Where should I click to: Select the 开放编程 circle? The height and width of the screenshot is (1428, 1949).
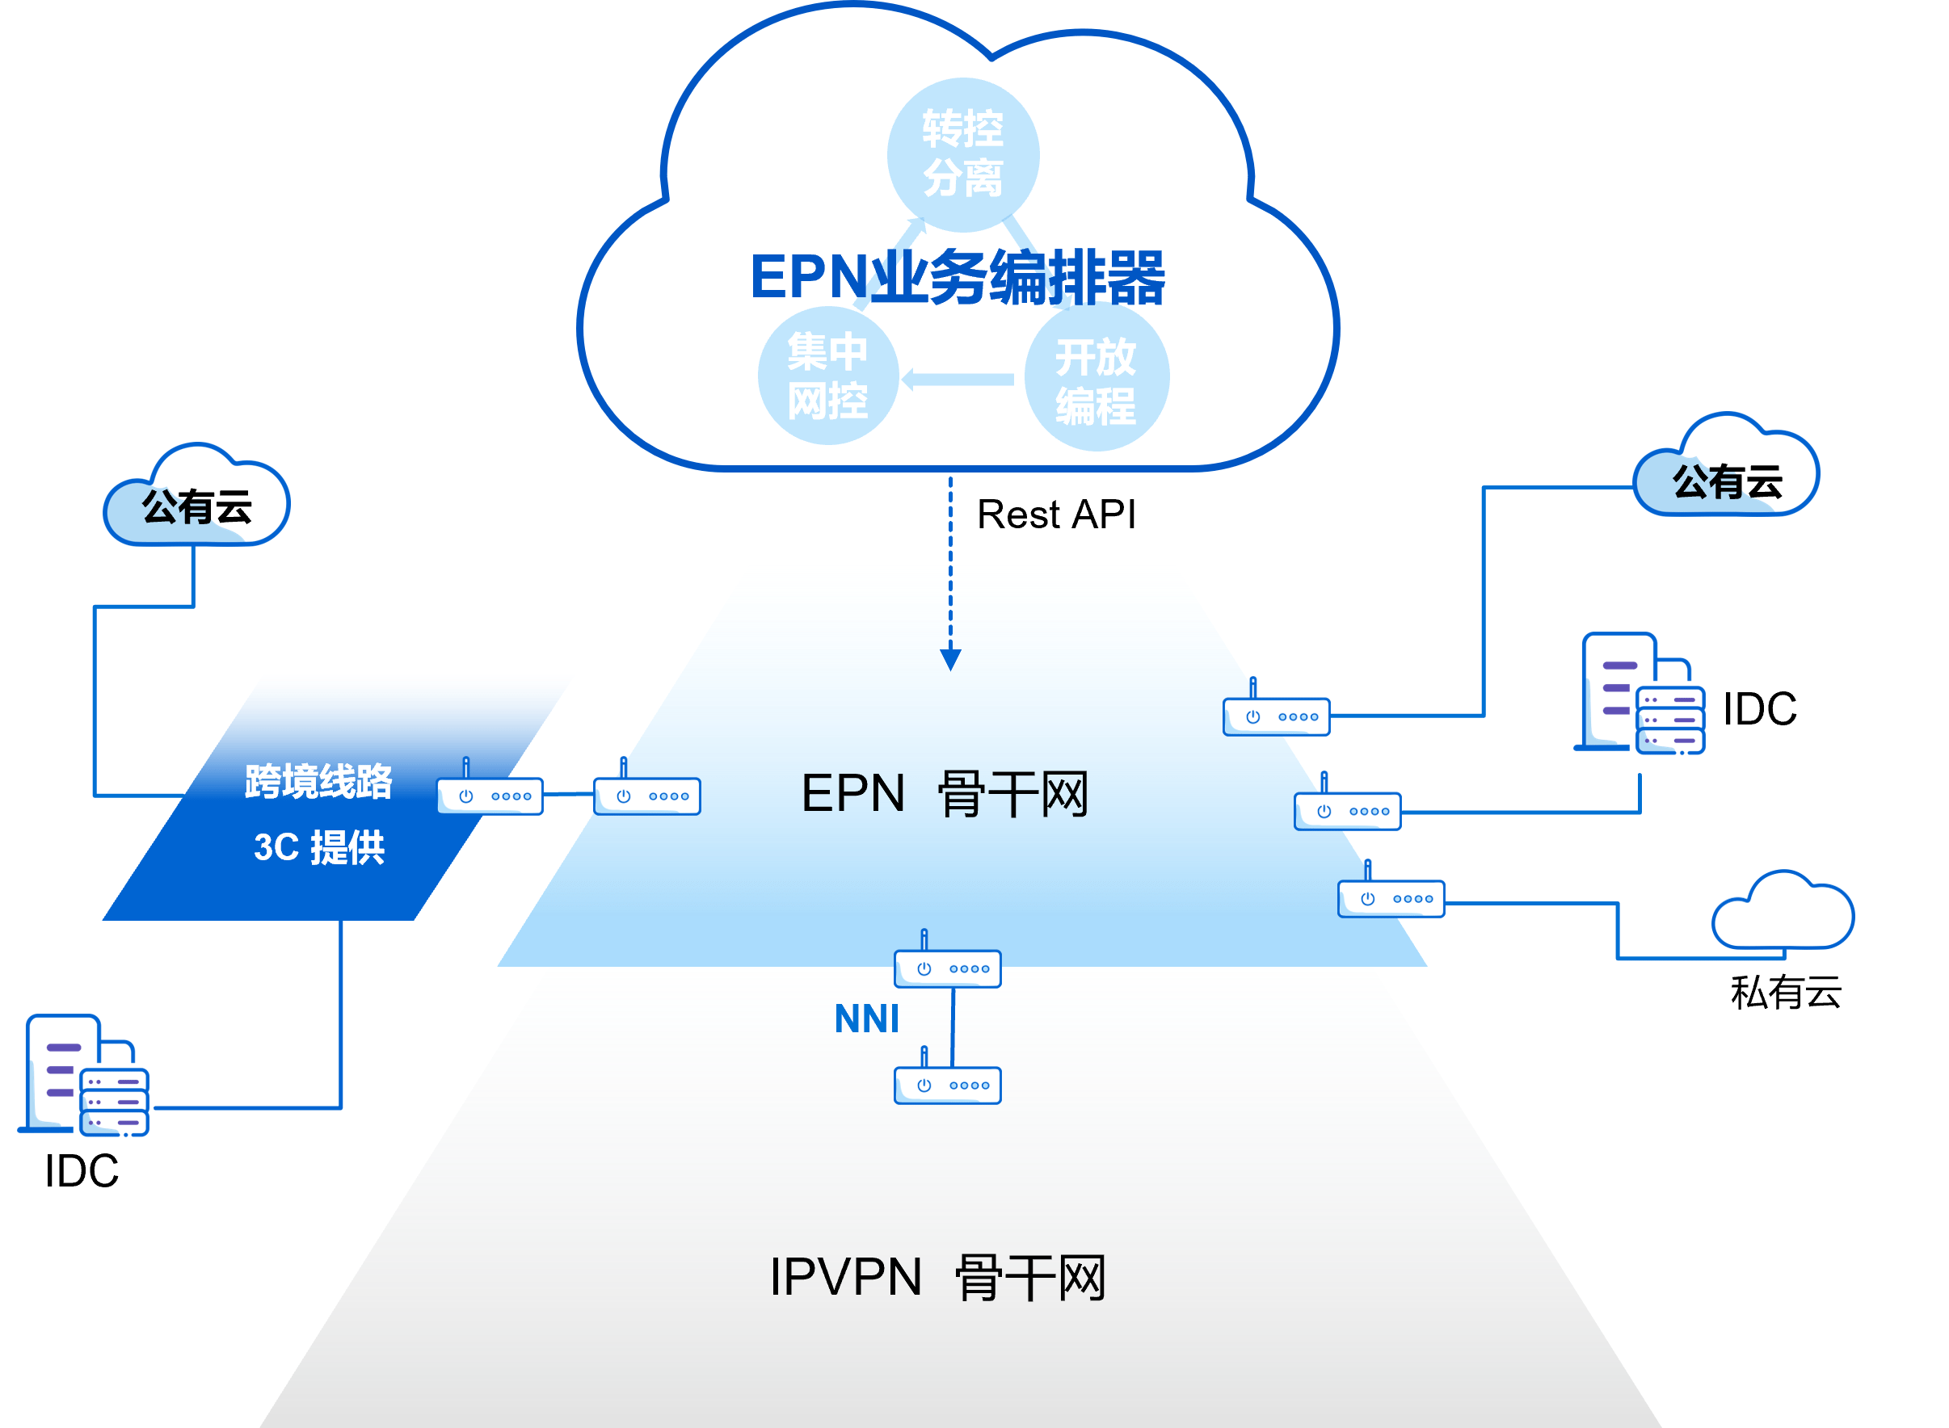[x=1096, y=378]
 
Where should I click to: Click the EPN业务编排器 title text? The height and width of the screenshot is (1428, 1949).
[x=958, y=278]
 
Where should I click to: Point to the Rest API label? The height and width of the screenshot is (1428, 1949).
[x=1056, y=514]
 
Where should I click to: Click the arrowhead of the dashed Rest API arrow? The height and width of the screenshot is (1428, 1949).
[x=950, y=660]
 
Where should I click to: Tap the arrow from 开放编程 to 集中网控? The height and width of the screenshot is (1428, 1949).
[x=958, y=379]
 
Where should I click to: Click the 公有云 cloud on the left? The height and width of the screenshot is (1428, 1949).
[x=196, y=502]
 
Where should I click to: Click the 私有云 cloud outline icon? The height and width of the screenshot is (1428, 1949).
[x=1783, y=914]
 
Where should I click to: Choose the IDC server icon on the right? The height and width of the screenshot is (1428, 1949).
[x=1641, y=695]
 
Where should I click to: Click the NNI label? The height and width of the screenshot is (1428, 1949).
[x=866, y=1019]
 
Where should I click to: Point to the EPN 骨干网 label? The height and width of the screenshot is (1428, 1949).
[x=945, y=793]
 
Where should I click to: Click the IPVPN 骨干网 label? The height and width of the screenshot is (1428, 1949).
[x=937, y=1277]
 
